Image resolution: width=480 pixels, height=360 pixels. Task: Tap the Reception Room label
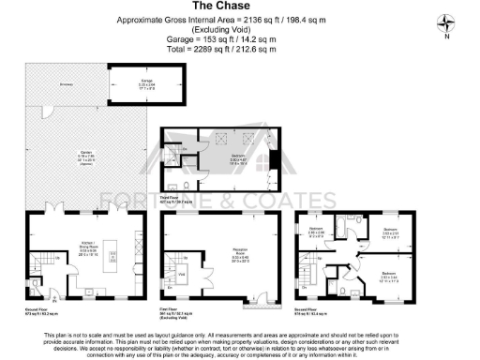(219, 251)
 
